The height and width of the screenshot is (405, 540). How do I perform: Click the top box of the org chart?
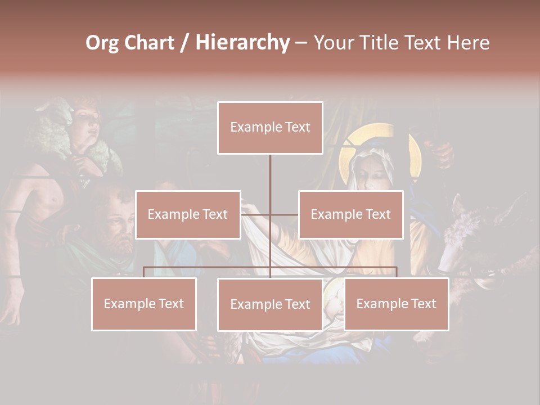click(x=270, y=128)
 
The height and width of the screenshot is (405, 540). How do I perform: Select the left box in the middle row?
click(x=188, y=214)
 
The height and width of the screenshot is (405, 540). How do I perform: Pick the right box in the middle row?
click(x=351, y=214)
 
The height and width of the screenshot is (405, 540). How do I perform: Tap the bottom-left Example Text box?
click(x=144, y=304)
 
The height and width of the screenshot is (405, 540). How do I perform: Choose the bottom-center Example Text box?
click(x=270, y=304)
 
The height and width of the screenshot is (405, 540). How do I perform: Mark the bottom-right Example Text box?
click(x=397, y=304)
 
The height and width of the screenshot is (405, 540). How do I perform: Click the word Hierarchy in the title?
click(x=242, y=42)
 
